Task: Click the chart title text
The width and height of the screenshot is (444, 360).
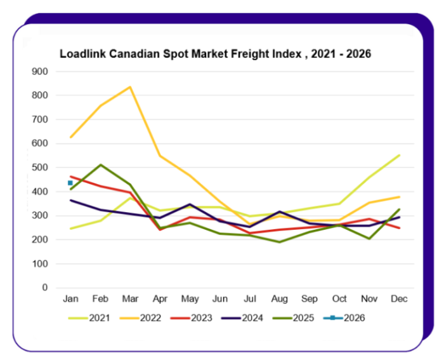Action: (x=215, y=54)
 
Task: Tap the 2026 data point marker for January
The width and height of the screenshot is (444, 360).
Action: (x=70, y=183)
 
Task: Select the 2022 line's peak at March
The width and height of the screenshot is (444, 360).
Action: (x=130, y=87)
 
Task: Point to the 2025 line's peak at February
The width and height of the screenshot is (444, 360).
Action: (x=100, y=165)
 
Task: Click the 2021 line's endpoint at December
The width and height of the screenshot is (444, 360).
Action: (x=400, y=155)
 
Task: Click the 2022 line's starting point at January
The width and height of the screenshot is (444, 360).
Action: (x=70, y=137)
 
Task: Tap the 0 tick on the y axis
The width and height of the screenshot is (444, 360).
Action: (x=44, y=288)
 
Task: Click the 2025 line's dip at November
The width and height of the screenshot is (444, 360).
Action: (x=370, y=239)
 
